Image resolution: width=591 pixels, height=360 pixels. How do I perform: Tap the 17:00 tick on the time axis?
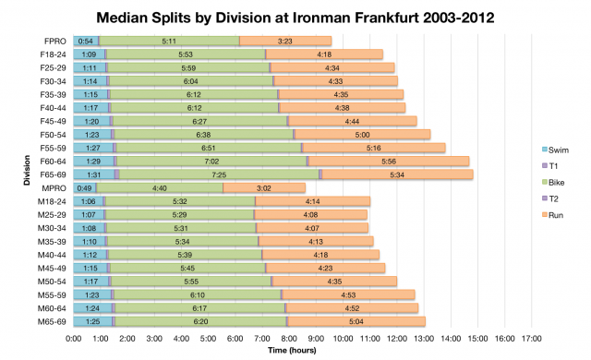tap(531, 338)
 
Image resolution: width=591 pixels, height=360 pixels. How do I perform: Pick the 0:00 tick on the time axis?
tap(75, 338)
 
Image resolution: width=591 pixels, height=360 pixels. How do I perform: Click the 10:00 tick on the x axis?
tap(343, 338)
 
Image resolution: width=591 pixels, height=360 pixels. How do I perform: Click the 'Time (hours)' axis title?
tap(291, 352)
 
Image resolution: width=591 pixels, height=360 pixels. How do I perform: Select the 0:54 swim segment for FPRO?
tap(86, 41)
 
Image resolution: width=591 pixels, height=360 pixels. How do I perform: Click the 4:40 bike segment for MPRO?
tap(159, 187)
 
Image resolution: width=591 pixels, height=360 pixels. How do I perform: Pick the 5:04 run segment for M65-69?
tap(356, 320)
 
